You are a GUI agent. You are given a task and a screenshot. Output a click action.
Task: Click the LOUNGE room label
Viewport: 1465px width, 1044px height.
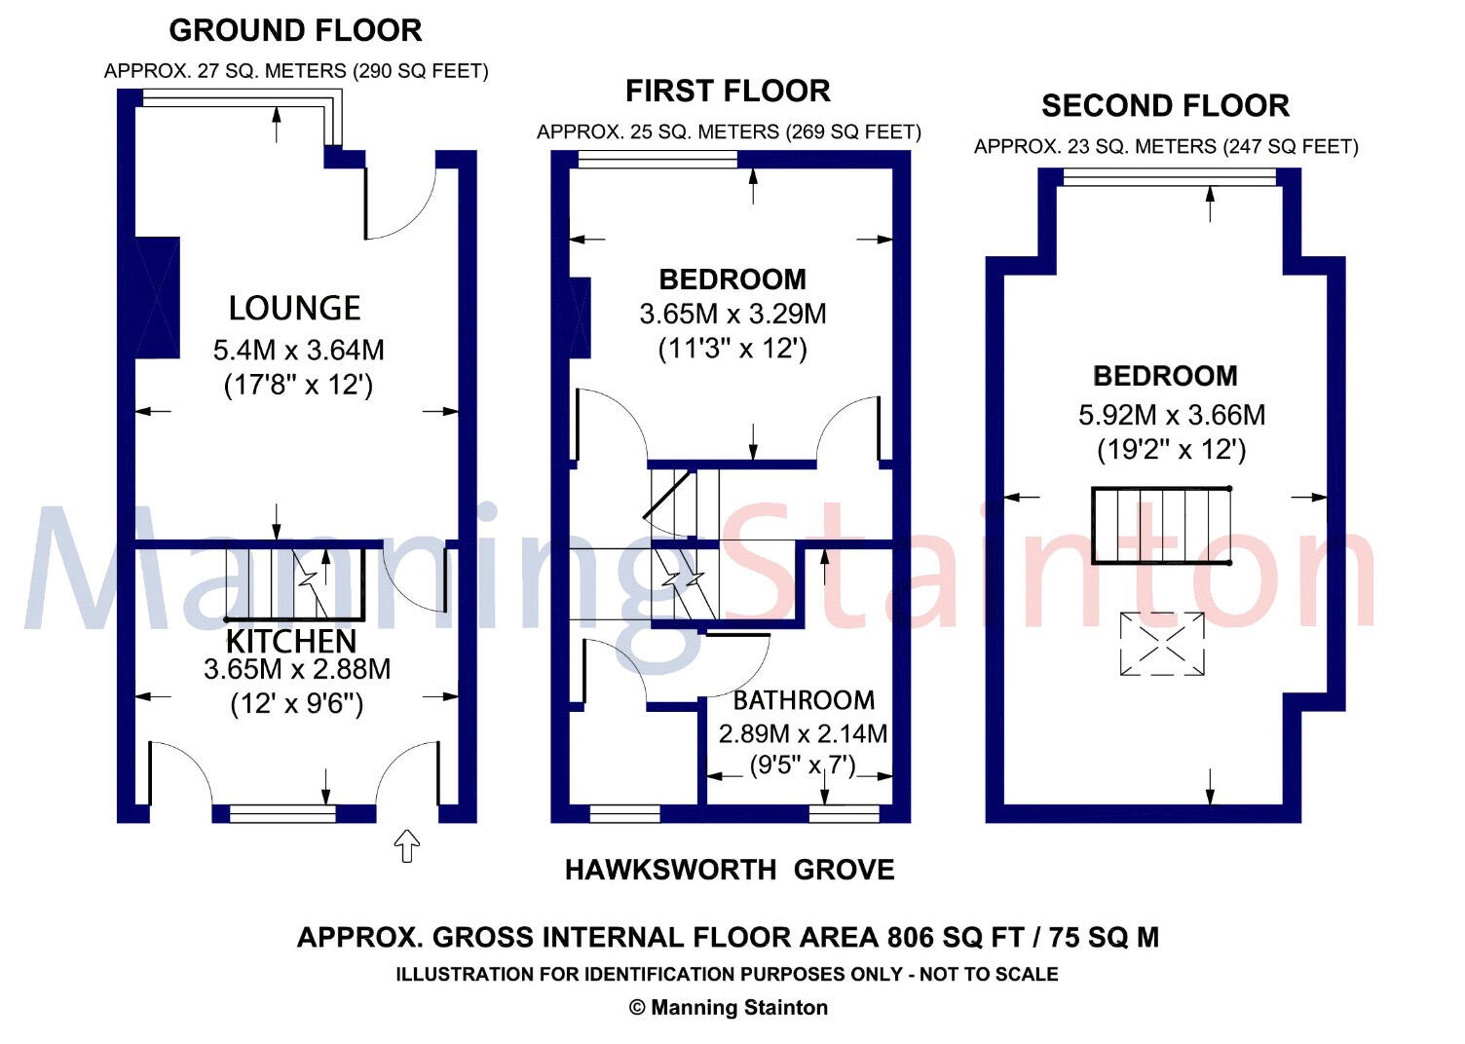294,309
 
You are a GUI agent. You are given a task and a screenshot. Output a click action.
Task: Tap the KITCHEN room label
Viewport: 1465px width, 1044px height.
291,641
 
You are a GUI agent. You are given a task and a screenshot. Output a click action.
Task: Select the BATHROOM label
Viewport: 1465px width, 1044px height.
804,700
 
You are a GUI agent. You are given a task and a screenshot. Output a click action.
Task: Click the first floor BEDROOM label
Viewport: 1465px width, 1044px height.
732,280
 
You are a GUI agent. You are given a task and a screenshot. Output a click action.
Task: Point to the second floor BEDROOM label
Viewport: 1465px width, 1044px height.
1165,376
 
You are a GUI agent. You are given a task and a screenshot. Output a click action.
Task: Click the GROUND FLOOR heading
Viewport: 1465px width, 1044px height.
295,30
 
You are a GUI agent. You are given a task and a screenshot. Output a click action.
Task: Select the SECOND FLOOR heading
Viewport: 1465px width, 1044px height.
1165,105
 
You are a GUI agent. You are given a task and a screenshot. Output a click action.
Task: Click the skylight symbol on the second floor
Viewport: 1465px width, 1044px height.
1161,643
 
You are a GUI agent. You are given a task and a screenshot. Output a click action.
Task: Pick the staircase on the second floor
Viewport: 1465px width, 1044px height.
1161,526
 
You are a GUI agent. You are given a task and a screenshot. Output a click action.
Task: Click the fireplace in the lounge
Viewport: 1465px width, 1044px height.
157,297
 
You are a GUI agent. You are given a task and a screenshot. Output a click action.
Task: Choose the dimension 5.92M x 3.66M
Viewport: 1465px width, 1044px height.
1172,416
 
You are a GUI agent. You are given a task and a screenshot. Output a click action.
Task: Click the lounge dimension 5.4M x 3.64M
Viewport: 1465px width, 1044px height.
298,350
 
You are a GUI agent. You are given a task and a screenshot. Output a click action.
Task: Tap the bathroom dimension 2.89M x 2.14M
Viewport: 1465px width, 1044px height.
803,733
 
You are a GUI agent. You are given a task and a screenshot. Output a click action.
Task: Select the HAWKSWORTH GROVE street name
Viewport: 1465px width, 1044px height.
730,870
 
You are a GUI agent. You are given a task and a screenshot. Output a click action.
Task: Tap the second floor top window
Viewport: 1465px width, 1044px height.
1169,176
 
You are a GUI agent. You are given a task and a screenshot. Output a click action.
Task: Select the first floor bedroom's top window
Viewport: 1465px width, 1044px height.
657,160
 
